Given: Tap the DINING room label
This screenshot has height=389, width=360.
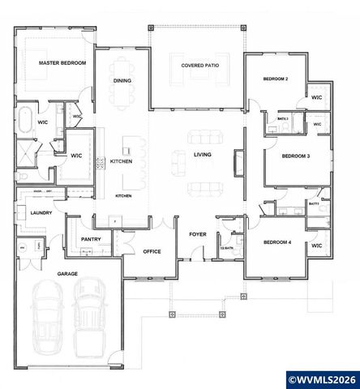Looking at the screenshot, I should coord(122,80).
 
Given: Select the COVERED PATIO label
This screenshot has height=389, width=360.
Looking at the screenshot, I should coord(199,65).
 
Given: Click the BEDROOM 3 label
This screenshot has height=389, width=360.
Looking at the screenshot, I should coord(297,155).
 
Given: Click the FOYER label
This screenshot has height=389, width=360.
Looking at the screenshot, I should coord(198,234).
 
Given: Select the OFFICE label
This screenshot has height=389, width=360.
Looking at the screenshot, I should coord(152,251).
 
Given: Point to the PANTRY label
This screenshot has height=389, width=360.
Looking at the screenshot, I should coord(90,240).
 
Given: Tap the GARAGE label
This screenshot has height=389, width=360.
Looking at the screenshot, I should coord(67,274).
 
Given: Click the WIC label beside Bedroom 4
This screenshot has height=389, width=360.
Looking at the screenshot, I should coord(317,245).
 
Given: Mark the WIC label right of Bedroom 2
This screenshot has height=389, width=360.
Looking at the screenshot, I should coord(317,98).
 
